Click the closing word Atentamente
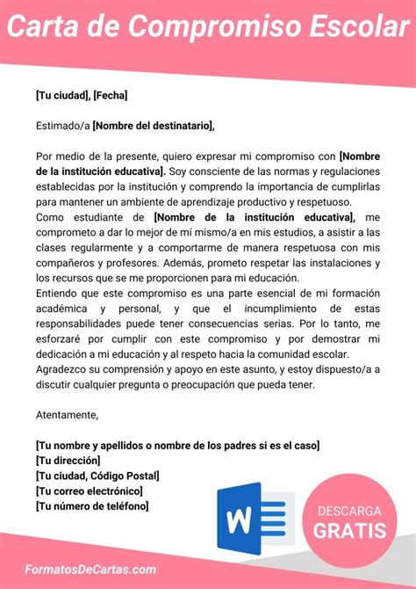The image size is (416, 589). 68,414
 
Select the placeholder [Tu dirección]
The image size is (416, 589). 68,460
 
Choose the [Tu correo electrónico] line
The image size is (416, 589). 90,491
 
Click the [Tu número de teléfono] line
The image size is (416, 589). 92,505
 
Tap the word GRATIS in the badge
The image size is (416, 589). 348,530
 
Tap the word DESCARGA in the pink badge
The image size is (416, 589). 348,511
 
